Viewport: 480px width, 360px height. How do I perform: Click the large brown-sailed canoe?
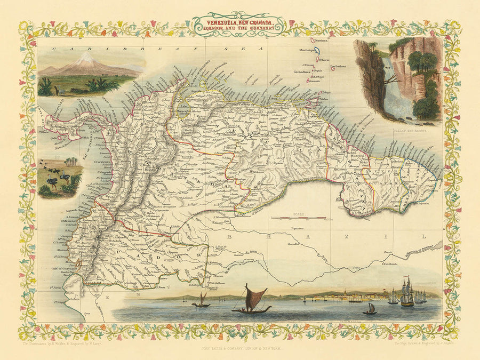coord(251,301)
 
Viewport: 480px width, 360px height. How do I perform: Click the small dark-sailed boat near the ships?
coord(370,309)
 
